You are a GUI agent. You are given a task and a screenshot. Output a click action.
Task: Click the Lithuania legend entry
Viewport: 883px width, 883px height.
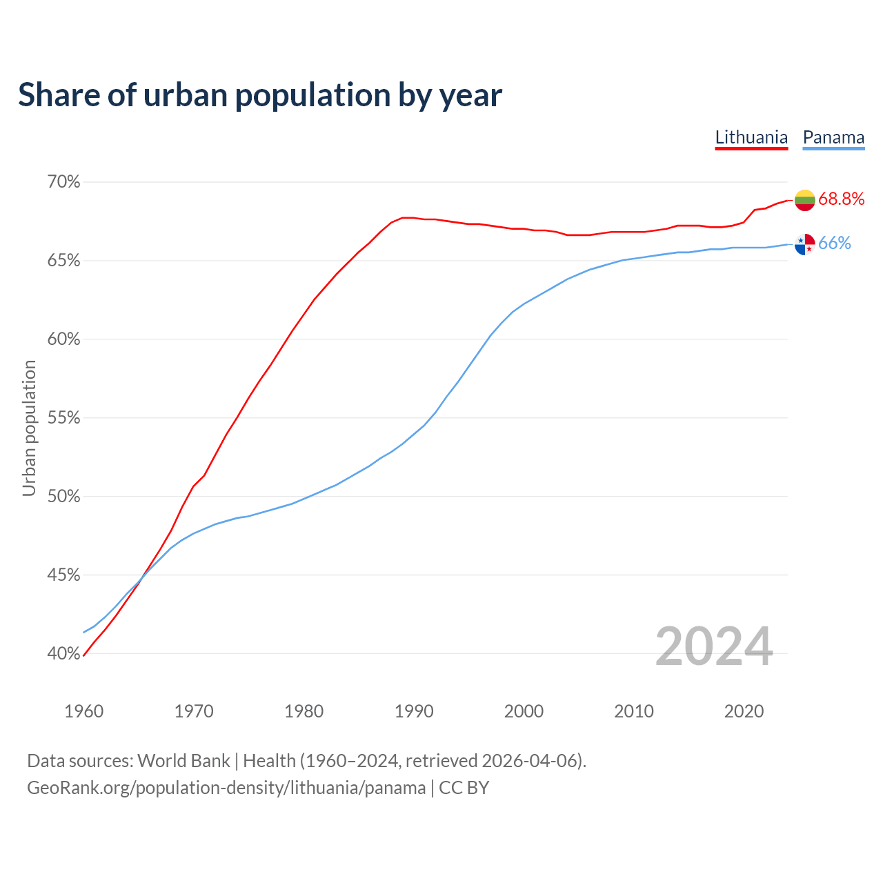pyautogui.click(x=751, y=137)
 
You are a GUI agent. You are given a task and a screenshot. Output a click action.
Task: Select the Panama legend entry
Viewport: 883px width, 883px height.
pyautogui.click(x=833, y=137)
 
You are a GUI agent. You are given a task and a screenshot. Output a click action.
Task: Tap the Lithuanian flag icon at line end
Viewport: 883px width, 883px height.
pyautogui.click(x=804, y=200)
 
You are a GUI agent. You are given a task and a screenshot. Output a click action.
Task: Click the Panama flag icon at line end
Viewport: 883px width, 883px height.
pyautogui.click(x=804, y=244)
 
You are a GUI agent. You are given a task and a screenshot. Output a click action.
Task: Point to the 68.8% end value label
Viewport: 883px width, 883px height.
pyautogui.click(x=842, y=199)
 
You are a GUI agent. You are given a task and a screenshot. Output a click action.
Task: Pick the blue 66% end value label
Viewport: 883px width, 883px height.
pyautogui.click(x=835, y=244)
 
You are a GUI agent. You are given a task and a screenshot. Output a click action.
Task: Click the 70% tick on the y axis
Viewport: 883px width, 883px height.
pyautogui.click(x=63, y=182)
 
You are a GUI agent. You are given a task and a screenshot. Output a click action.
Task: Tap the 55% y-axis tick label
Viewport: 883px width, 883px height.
pyautogui.click(x=63, y=418)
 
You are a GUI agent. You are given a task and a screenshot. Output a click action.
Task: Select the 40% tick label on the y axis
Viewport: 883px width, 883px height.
pyautogui.click(x=63, y=653)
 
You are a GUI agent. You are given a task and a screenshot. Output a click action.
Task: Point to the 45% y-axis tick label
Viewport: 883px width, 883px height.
pyautogui.click(x=63, y=575)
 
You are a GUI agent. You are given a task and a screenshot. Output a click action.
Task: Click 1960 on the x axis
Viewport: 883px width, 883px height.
pyautogui.click(x=83, y=711)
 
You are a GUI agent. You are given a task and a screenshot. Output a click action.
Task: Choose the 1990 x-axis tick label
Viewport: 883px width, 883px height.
pyautogui.click(x=414, y=711)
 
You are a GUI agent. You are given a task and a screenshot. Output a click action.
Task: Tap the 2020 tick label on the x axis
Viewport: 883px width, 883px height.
pyautogui.click(x=744, y=711)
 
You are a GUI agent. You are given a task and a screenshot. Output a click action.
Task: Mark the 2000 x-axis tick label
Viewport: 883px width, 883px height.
pyautogui.click(x=524, y=711)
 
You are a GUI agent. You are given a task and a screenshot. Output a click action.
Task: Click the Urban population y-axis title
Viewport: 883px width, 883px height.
pyautogui.click(x=29, y=428)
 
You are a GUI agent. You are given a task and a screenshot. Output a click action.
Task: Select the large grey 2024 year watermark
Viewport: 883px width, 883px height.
pyautogui.click(x=714, y=647)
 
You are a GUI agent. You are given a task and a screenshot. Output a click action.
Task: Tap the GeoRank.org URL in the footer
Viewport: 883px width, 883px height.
pyautogui.click(x=226, y=788)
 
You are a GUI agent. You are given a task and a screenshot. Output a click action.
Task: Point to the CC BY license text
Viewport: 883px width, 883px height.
pyautogui.click(x=464, y=788)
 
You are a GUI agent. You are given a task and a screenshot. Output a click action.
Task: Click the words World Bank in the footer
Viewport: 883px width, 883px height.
pyautogui.click(x=183, y=761)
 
